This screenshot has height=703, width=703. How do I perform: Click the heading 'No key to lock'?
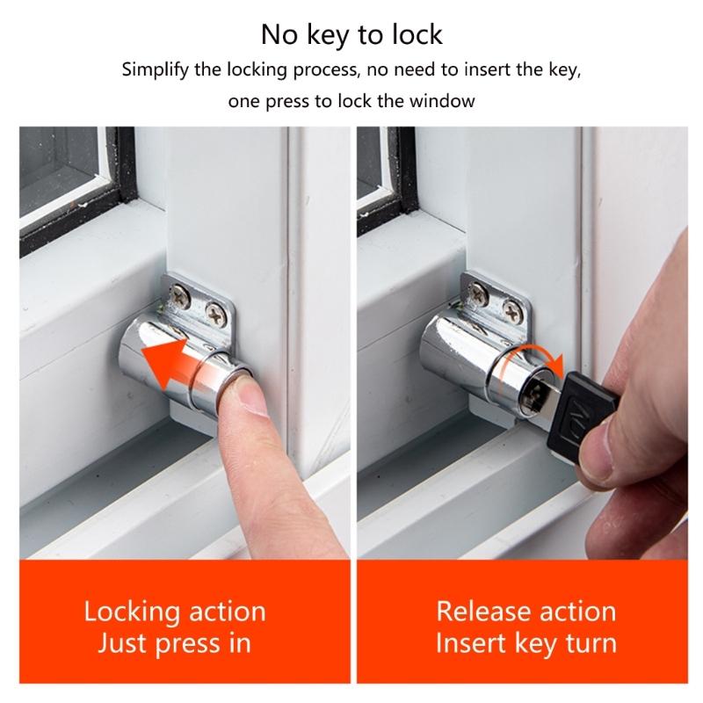pos(351,34)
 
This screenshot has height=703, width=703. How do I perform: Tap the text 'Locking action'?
pos(174,611)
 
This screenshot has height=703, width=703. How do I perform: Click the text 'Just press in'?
pos(174,643)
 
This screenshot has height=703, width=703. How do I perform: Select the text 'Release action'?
pos(526,611)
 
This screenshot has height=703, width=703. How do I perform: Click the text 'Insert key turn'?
pos(526,643)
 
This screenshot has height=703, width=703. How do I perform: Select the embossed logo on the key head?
pos(579,411)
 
